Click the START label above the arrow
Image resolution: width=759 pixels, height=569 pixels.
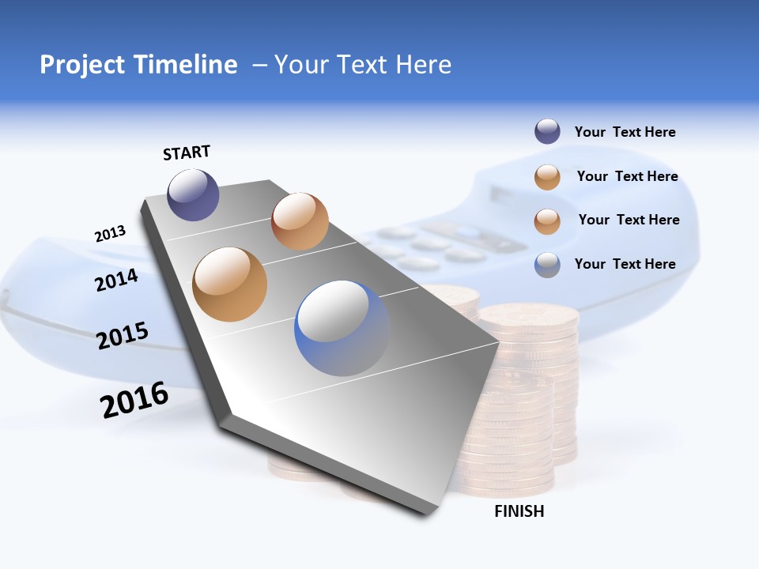click(x=187, y=153)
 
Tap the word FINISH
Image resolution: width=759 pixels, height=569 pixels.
click(x=519, y=511)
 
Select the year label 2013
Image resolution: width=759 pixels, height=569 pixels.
click(x=110, y=234)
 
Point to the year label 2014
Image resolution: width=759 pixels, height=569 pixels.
click(x=116, y=280)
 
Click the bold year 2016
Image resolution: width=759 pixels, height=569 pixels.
click(x=134, y=400)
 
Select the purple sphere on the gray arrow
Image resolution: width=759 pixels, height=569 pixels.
click(x=193, y=195)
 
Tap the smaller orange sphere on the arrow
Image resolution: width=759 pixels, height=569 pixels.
click(x=300, y=221)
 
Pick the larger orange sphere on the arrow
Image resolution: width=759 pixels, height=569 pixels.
click(x=230, y=284)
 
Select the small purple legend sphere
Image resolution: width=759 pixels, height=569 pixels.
click(x=547, y=132)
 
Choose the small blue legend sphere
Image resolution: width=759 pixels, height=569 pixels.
click(x=547, y=264)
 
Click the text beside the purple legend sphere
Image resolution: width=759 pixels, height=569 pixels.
click(x=625, y=133)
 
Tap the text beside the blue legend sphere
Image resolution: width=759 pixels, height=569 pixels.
click(x=625, y=264)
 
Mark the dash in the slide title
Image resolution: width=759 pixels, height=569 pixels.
click(x=259, y=65)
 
